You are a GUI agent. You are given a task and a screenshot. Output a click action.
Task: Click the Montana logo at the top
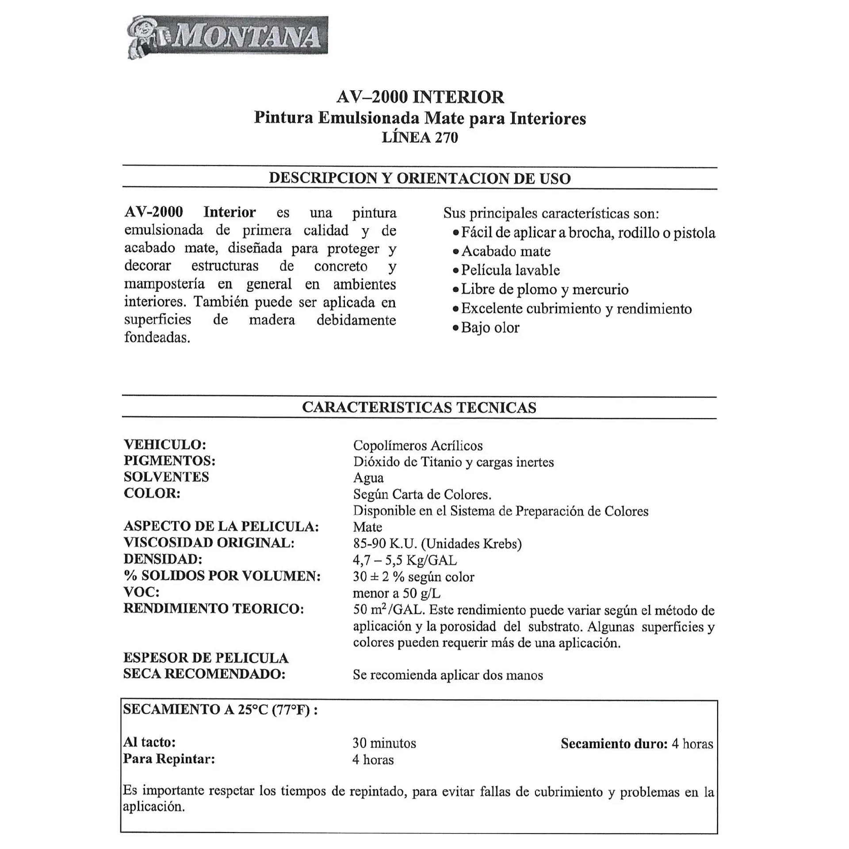click(x=227, y=37)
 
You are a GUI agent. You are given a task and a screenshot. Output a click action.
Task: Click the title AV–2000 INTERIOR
click(x=420, y=97)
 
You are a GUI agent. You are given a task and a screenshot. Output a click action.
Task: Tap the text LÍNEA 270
click(x=420, y=138)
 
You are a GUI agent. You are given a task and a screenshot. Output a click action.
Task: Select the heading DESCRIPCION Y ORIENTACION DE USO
click(x=420, y=178)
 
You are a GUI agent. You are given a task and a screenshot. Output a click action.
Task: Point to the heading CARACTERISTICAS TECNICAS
click(x=419, y=407)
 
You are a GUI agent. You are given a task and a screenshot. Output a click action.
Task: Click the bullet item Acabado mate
click(x=505, y=251)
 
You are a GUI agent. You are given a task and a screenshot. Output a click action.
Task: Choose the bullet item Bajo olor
click(x=490, y=328)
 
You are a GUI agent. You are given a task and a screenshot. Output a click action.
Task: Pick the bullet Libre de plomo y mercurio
click(x=544, y=289)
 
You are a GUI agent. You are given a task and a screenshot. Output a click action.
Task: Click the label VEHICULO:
click(x=164, y=444)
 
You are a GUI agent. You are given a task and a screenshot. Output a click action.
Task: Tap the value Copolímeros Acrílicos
click(x=417, y=445)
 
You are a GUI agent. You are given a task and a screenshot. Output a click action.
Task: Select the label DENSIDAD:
click(x=163, y=559)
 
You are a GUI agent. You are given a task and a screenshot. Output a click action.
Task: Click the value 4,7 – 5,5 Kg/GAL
click(x=405, y=560)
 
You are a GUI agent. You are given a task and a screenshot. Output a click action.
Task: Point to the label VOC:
click(x=141, y=592)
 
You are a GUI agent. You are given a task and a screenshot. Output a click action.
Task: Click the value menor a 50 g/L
click(x=396, y=593)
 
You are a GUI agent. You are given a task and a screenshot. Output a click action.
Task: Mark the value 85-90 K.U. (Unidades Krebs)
click(x=437, y=543)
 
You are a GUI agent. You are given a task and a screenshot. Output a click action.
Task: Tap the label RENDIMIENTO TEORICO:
click(x=214, y=608)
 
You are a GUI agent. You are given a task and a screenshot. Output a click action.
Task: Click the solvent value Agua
click(x=368, y=478)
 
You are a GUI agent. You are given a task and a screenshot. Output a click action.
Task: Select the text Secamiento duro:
click(x=614, y=744)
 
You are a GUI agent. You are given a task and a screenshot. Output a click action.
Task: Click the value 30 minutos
click(x=384, y=743)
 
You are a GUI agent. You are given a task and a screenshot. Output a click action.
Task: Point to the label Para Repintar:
click(x=169, y=759)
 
